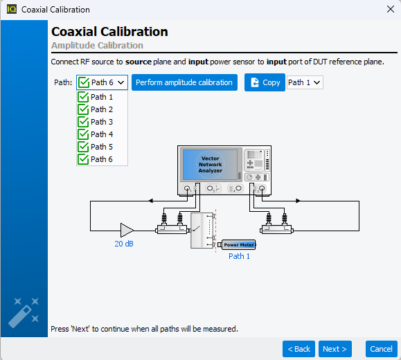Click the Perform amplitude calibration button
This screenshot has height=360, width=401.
click(184, 82)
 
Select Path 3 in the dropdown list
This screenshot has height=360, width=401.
click(102, 122)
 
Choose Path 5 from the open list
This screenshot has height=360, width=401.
click(102, 147)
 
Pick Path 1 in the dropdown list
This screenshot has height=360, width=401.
click(102, 97)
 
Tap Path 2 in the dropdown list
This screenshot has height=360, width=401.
click(102, 109)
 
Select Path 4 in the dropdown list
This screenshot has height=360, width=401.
click(102, 134)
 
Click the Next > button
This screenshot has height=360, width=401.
click(335, 349)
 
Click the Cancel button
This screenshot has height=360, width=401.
click(382, 349)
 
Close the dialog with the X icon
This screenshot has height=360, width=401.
click(390, 9)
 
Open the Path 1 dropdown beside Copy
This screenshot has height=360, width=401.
click(305, 82)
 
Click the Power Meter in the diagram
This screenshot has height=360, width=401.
click(237, 244)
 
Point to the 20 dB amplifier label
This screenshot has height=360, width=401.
click(124, 244)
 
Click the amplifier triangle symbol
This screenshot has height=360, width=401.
click(126, 230)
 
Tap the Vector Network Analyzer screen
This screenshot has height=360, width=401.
click(210, 165)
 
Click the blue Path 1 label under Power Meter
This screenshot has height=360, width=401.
click(239, 256)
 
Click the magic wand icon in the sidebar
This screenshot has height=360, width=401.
click(24, 312)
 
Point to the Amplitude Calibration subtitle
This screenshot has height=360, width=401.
click(97, 45)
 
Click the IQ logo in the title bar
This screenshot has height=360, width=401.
click(12, 10)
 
